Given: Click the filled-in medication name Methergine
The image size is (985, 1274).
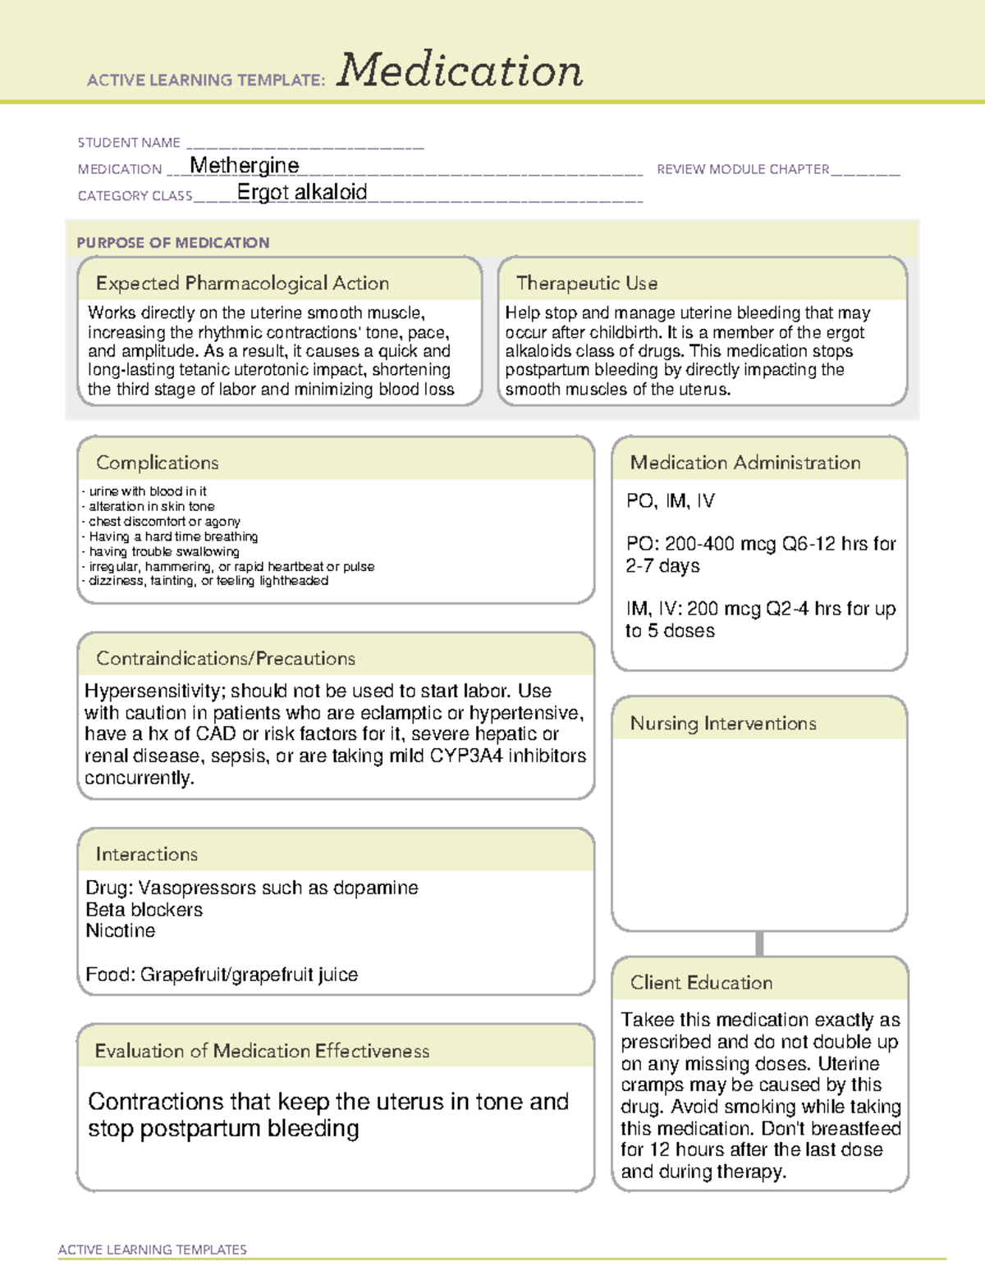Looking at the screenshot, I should pyautogui.click(x=245, y=166).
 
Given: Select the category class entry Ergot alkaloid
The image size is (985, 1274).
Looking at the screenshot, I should pyautogui.click(x=301, y=192).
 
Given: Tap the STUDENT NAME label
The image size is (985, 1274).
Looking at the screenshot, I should pyautogui.click(x=129, y=143).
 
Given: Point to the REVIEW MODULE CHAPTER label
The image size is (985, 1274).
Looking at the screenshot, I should pyautogui.click(x=743, y=169).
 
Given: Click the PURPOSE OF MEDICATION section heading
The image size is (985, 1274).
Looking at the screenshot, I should pyautogui.click(x=173, y=243).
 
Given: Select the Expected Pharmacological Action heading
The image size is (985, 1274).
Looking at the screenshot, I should pyautogui.click(x=242, y=283).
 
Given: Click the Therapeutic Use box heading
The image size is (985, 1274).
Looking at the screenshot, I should pyautogui.click(x=586, y=283).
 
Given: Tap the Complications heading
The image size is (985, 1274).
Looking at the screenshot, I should pyautogui.click(x=158, y=463).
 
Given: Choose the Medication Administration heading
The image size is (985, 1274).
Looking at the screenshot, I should pyautogui.click(x=745, y=463).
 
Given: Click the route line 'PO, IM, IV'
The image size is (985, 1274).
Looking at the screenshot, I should pyautogui.click(x=670, y=501).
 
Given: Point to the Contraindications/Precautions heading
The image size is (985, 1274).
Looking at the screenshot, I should pyautogui.click(x=226, y=659).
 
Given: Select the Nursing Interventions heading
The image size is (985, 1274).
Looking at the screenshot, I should pyautogui.click(x=723, y=724).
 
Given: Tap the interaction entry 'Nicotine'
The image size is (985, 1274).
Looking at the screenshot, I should pyautogui.click(x=121, y=931).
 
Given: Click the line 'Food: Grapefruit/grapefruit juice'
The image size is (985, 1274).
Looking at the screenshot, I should pyautogui.click(x=222, y=975).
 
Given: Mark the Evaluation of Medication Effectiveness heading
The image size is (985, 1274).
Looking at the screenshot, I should pyautogui.click(x=262, y=1051).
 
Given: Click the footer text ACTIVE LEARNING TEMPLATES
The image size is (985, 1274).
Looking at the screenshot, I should pyautogui.click(x=153, y=1249).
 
